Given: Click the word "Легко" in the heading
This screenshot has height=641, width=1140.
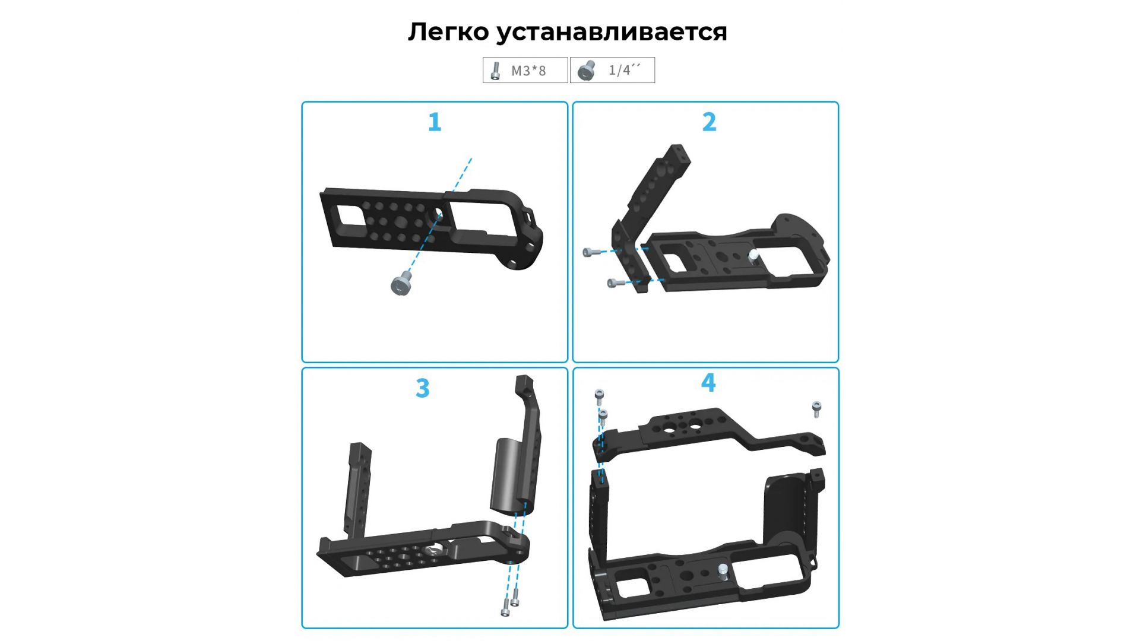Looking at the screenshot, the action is tap(448, 32).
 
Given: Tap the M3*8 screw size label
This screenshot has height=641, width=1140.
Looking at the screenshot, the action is tap(528, 71).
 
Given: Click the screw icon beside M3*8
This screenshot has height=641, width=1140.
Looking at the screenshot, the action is tap(495, 71).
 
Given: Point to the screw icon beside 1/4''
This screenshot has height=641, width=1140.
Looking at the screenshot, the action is tap(587, 70).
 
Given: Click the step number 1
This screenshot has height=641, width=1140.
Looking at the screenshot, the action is tap(435, 122).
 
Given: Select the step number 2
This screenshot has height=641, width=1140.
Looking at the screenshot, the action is tap(709, 122).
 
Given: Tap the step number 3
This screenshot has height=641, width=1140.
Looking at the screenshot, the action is tap(422, 388).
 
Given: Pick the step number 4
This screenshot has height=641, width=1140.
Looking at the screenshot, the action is tap(708, 383).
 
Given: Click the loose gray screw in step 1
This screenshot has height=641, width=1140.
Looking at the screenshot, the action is tap(402, 283).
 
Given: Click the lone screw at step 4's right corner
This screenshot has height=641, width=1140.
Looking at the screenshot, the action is tap(816, 410).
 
